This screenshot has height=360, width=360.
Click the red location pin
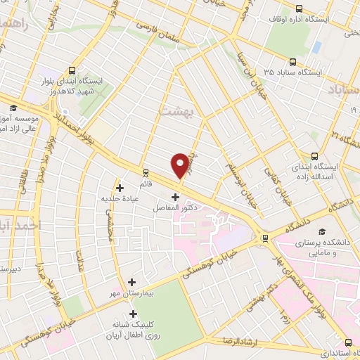[x=180, y=165]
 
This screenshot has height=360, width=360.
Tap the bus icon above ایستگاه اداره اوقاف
[x=300, y=8]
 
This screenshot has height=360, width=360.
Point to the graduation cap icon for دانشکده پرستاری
[x=322, y=231]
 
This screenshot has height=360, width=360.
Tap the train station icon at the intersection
[x=264, y=238]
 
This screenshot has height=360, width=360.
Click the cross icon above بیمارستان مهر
[x=131, y=282]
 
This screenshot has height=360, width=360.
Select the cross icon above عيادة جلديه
[x=120, y=188]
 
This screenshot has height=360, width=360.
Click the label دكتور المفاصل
[x=174, y=209]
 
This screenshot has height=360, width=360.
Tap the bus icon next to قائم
[x=146, y=172]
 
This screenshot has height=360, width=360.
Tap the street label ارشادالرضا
[x=259, y=340]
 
